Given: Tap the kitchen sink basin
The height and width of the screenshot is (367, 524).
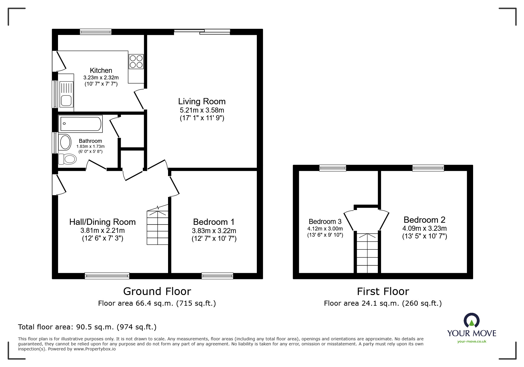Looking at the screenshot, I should [66, 100].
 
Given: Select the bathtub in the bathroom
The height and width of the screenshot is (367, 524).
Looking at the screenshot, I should [81, 124].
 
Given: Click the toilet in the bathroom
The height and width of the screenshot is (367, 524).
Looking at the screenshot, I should [68, 159].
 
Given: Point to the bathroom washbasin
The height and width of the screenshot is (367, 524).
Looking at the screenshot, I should [65, 142].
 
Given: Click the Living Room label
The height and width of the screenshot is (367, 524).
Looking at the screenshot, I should [202, 102].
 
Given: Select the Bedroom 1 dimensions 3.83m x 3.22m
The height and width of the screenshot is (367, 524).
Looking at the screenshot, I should [214, 231].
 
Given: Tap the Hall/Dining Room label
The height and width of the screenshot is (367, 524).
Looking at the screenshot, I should [102, 222].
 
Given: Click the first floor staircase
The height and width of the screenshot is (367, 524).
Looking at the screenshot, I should [367, 253].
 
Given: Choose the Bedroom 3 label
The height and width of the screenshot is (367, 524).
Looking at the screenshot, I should [325, 222].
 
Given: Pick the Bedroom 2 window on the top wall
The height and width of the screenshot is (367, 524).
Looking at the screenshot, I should [428, 168].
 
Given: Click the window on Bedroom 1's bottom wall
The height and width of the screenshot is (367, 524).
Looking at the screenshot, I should [217, 276].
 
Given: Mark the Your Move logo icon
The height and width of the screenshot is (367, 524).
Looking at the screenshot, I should [471, 321].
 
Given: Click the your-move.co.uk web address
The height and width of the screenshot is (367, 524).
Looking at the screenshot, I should [472, 341].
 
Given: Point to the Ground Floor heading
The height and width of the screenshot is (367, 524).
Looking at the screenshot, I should [157, 291].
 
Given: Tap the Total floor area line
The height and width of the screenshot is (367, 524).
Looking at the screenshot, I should [87, 327].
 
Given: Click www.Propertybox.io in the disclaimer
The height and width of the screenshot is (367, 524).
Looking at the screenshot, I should [94, 349].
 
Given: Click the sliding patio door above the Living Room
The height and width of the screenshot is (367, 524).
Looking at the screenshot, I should [202, 32].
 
